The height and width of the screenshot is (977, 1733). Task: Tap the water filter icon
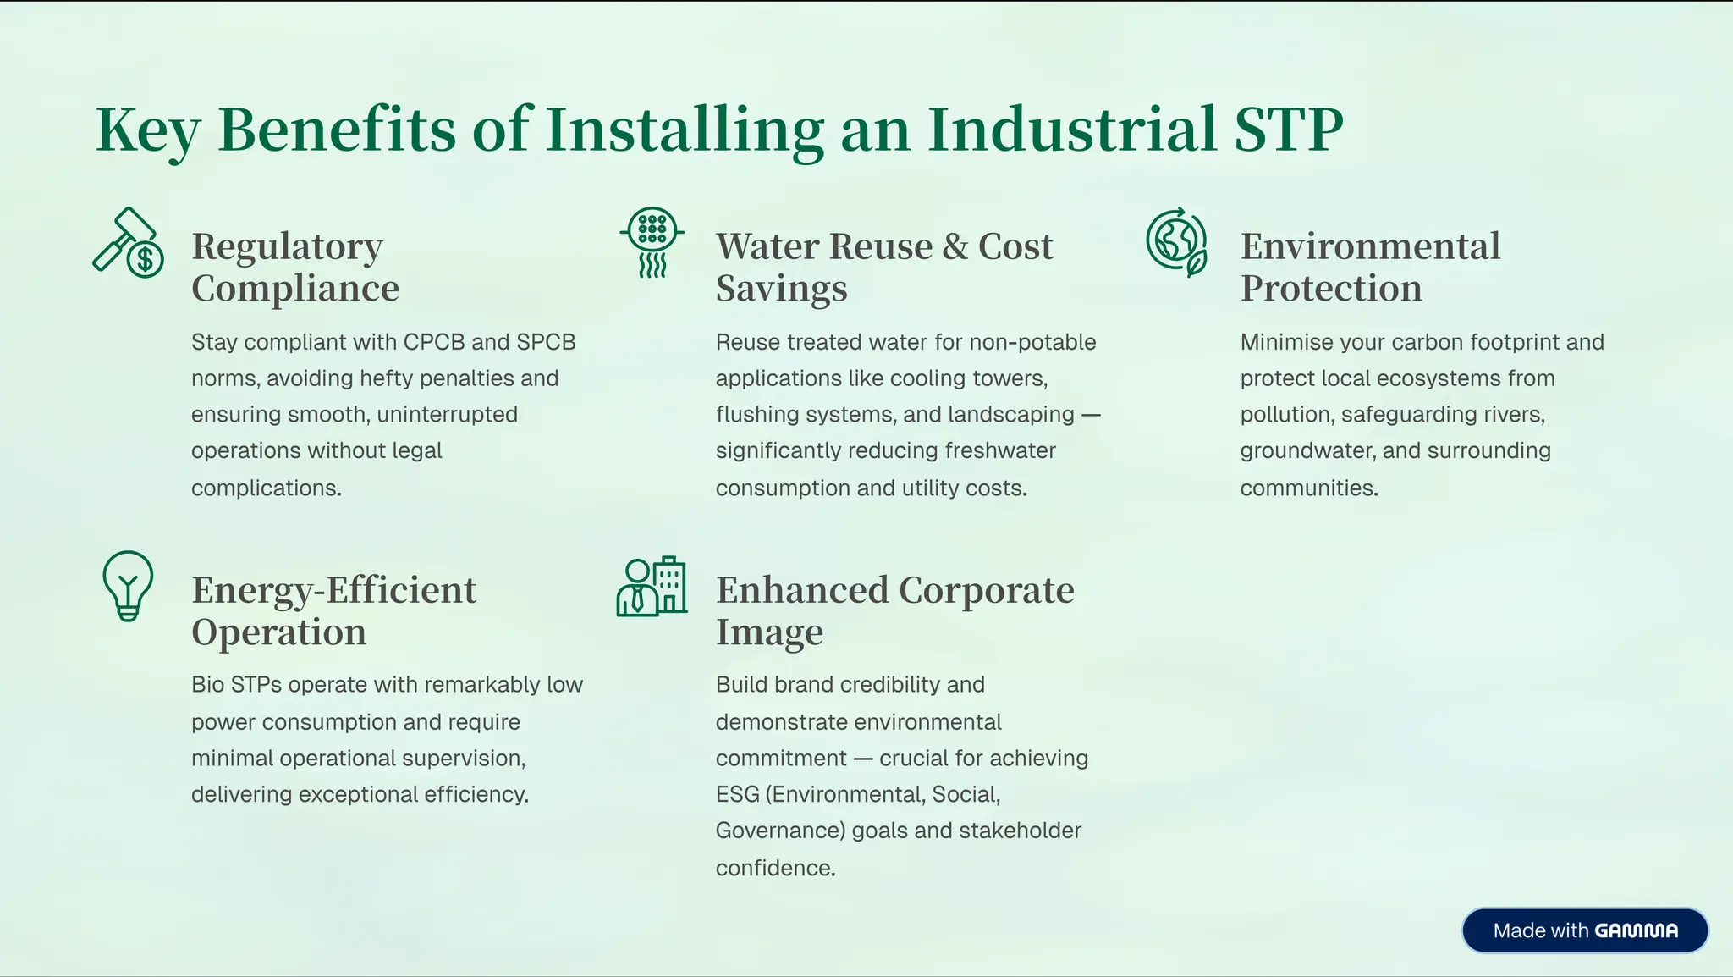tap(652, 242)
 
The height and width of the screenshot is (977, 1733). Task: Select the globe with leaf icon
tap(1176, 243)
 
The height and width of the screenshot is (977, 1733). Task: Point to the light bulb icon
tap(128, 586)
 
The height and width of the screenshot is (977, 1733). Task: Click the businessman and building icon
tap(652, 586)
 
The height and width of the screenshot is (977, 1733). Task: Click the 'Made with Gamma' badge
tap(1584, 930)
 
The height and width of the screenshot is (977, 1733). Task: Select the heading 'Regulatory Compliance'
tap(295, 267)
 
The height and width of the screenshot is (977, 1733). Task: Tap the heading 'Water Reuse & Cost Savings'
tap(884, 267)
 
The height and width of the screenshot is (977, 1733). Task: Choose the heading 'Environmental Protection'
tap(1370, 267)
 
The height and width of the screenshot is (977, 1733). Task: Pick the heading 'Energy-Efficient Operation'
tap(333, 610)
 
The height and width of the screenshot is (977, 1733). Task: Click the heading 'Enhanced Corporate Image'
tap(894, 610)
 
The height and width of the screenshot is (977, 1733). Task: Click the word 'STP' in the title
tap(1288, 130)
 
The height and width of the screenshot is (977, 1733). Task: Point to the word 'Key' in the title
tap(147, 130)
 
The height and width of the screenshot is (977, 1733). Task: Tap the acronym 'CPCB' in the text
tap(434, 342)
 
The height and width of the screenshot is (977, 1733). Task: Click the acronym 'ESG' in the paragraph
tap(737, 794)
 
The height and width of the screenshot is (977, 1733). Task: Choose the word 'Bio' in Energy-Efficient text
tap(206, 684)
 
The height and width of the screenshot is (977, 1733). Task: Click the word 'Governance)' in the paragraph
tap(780, 831)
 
